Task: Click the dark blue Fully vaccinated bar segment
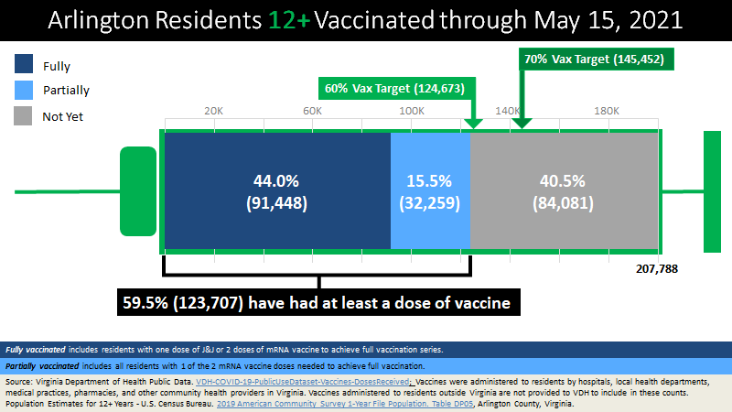pyautogui.click(x=276, y=191)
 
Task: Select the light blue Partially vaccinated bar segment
pyautogui.click(x=430, y=191)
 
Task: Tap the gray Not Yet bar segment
pyautogui.click(x=564, y=191)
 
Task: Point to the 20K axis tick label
pyautogui.click(x=214, y=111)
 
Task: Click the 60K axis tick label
pyautogui.click(x=312, y=111)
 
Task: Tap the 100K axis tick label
pyautogui.click(x=411, y=111)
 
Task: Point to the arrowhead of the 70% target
pyautogui.click(x=521, y=124)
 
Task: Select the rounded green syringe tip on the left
pyautogui.click(x=138, y=191)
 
